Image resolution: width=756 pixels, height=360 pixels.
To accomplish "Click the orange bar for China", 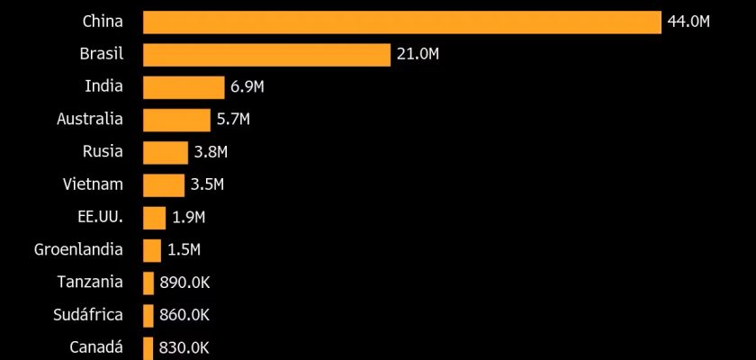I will pos(402,22).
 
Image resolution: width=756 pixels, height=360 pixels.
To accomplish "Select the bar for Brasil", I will pos(266,55).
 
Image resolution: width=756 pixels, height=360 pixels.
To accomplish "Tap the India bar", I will pos(184,87).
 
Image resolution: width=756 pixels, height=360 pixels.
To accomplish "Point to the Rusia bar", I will pos(165,152).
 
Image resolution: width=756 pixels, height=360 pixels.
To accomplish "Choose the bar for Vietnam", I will pos(163,185).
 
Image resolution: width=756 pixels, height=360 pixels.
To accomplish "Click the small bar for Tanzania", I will pos(148,283).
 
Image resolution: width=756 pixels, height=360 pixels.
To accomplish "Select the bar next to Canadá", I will pos(148,347).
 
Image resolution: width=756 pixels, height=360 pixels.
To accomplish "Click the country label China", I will pos(102,22).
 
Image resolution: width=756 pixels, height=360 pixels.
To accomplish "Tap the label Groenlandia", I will pos(78,249).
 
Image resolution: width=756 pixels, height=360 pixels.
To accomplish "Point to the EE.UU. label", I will pos(100,217).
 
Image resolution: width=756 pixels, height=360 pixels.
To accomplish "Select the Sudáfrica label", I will pos(89,315).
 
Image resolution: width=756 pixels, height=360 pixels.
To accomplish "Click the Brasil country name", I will pos(101,55).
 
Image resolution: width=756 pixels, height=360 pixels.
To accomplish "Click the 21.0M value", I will pos(417,55).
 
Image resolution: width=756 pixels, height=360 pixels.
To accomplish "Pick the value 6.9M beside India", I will pos(247,87).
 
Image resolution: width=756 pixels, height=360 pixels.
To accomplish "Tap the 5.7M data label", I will pos(232,120).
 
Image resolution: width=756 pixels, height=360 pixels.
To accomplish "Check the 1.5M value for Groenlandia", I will pos(184,250).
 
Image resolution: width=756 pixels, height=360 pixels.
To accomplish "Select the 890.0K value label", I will pos(184,283).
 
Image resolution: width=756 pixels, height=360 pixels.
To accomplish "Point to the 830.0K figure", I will pos(184,347).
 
